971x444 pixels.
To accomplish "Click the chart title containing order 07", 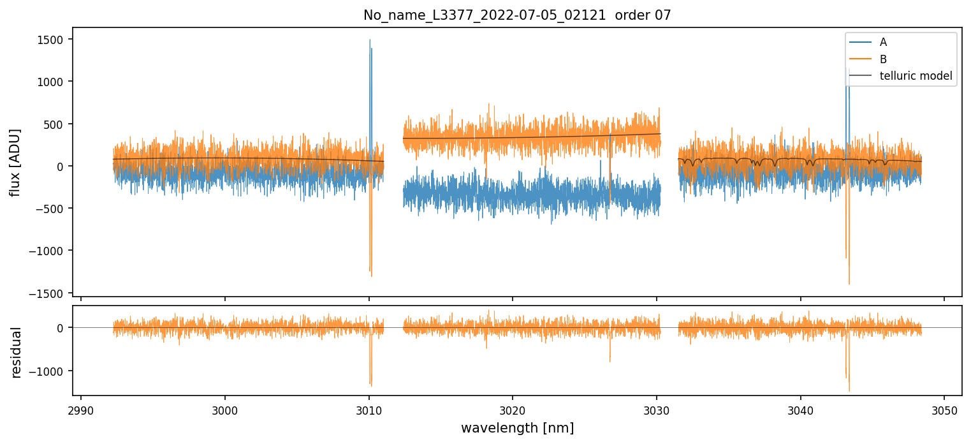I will [x=517, y=15].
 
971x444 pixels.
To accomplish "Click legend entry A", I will [x=883, y=42].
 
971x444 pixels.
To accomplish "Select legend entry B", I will [x=883, y=59].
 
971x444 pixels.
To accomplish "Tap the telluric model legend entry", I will [x=916, y=77].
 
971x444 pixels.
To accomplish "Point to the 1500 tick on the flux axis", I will [x=54, y=40].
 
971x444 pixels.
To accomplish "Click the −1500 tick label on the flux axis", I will [x=52, y=293].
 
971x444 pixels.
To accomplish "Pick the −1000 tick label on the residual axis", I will [x=52, y=371].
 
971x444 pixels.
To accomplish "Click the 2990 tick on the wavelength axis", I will [x=81, y=409].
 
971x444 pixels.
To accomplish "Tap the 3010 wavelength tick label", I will [x=369, y=409].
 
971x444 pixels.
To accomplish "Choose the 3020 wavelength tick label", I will [x=513, y=409].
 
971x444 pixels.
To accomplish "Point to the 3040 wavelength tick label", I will [x=800, y=409].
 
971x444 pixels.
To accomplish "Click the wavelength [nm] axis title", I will [x=517, y=427].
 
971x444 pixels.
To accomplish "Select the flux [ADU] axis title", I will [x=15, y=162].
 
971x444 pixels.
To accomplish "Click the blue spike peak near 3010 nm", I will [x=370, y=40].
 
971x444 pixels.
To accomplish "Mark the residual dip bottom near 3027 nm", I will [x=610, y=362].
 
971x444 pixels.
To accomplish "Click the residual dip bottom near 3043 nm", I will [x=849, y=390].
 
